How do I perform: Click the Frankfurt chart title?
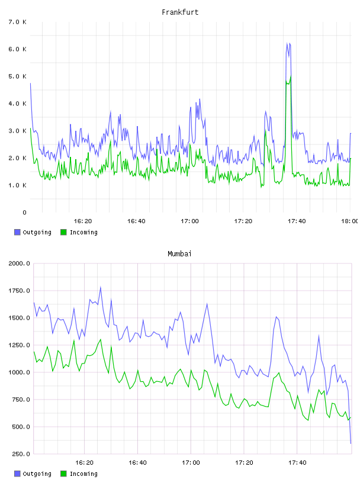pos(180,12)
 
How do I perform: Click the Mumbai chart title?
pos(179,254)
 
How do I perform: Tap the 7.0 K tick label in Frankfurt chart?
pos(18,22)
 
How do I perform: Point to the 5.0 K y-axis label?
pos(18,76)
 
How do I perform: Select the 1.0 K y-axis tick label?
pos(18,185)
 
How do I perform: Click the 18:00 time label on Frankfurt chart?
pos(349,221)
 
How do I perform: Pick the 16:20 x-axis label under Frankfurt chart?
pos(83,221)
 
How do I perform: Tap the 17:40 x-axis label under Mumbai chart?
pos(297,462)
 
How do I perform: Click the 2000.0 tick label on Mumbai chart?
pos(19,263)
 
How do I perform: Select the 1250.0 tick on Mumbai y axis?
pos(19,345)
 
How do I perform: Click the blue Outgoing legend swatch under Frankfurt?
pos(17,232)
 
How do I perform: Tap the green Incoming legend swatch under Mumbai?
pos(63,474)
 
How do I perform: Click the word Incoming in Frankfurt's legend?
pos(83,233)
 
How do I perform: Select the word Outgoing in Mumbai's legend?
pos(37,474)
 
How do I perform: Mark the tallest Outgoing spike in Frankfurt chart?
pos(287,43)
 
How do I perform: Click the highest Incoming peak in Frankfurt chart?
pos(291,76)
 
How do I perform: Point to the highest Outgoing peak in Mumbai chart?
pos(101,288)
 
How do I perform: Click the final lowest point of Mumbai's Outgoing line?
pos(351,443)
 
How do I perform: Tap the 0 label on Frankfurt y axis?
pos(25,212)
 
